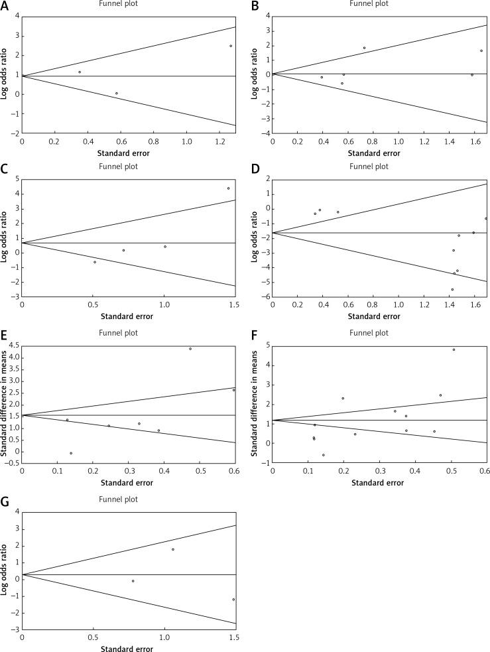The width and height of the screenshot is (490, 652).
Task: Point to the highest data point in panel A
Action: pos(231,46)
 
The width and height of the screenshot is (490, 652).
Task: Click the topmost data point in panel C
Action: pos(228,188)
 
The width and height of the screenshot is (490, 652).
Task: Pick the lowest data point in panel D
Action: pos(452,289)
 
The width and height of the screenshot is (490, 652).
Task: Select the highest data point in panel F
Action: pos(454,350)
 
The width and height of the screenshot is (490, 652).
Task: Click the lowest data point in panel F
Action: pos(324,455)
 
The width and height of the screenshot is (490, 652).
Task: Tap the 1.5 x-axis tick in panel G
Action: pos(233,637)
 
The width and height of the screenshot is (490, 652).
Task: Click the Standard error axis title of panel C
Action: pos(127,316)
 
